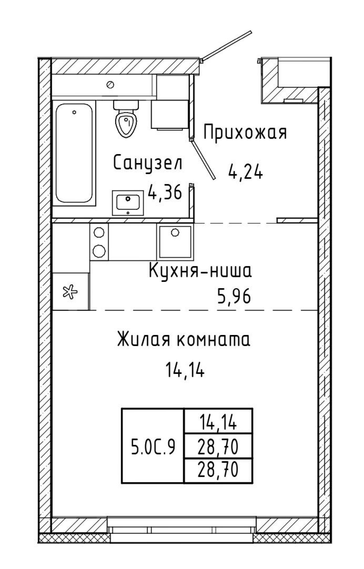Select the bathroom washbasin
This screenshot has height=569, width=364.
click(128, 203)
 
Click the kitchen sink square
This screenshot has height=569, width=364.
click(175, 241)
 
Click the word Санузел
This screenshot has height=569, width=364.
click(148, 163)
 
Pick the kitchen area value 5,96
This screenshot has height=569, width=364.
click(234, 297)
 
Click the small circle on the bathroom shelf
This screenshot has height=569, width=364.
click(111, 84)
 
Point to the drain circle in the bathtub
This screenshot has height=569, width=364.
click(75, 113)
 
